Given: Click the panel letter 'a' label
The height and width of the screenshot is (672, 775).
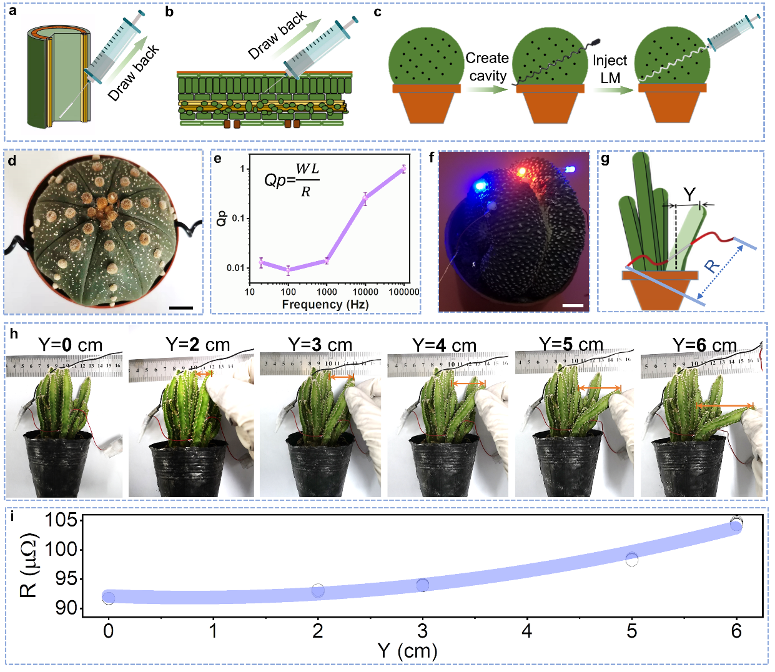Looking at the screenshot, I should tap(12, 11).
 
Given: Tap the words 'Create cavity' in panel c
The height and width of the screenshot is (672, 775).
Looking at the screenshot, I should tap(487, 67).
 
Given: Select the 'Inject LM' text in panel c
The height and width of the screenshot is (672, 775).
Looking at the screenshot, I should tap(610, 69).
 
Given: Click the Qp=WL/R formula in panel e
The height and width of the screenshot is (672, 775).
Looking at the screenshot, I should tap(292, 179).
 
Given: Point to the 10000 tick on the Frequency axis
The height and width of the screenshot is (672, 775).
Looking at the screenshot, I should tap(365, 292).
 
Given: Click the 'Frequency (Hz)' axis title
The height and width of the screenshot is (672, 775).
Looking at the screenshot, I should tap(325, 304).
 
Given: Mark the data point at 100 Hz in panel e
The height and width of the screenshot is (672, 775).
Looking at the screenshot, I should tap(288, 270).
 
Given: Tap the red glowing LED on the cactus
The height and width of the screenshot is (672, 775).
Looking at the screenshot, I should tap(521, 170).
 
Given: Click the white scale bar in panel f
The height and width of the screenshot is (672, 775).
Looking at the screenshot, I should tap(573, 306).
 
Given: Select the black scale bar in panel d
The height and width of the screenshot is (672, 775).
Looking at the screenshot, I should tap(181, 308).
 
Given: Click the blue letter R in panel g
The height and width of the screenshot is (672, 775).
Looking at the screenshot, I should tap(712, 266).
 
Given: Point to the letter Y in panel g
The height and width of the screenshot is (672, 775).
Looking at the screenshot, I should tap(689, 195).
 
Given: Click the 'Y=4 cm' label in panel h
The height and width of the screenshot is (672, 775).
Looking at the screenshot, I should tap(444, 345).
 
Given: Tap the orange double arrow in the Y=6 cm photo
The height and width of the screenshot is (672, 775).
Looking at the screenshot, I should tap(724, 406).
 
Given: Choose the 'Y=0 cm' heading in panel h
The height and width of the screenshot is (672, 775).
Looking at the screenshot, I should tap(70, 345).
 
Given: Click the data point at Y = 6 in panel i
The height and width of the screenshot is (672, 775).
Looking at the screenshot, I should tap(736, 525).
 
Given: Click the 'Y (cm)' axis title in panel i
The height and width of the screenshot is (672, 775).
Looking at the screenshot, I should tap(407, 651).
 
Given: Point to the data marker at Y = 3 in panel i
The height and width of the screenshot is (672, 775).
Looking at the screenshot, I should tap(423, 585).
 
